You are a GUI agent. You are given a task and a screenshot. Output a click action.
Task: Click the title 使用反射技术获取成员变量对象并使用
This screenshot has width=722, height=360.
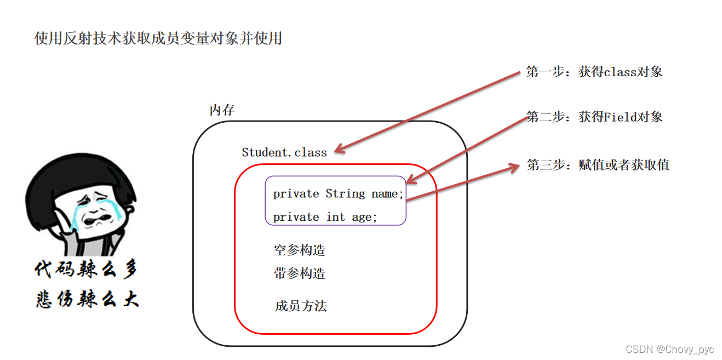[158, 38]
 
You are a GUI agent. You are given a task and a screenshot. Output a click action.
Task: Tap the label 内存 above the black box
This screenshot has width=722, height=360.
[222, 110]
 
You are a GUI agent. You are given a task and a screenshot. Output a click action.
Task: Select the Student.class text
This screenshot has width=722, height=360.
[284, 152]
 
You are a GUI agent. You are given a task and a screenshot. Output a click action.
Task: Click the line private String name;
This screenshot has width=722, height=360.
[338, 193]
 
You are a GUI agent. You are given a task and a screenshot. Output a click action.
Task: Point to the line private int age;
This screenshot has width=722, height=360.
[325, 217]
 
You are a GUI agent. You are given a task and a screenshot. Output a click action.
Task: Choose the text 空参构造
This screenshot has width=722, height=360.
[299, 250]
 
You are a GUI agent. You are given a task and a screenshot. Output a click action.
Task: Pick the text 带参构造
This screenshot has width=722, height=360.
[299, 273]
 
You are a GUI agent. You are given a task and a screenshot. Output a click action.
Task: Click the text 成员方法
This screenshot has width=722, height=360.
[301, 306]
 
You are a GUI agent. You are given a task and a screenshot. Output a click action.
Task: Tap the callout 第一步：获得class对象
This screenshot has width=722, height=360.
[594, 72]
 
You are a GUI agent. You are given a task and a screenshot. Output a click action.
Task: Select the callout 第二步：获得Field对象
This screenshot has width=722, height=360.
[594, 117]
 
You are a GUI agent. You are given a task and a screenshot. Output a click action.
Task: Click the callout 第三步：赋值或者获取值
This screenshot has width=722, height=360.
[598, 165]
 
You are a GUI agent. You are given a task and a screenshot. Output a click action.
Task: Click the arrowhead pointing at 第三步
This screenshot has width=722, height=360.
[513, 167]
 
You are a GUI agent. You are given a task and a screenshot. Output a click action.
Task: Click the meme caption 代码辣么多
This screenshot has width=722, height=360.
[87, 270]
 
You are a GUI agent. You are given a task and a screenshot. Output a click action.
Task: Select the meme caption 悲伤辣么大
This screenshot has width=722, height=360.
[87, 299]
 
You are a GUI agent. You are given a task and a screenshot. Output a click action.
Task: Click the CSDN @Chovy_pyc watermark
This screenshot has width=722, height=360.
[669, 349]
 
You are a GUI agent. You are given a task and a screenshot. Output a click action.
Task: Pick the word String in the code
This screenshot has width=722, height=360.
[345, 193]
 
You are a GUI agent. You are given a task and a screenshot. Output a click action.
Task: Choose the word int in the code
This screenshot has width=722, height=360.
[335, 217]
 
